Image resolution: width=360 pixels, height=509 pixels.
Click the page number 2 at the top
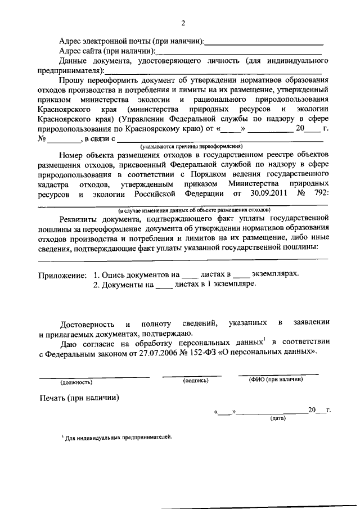point(183,23)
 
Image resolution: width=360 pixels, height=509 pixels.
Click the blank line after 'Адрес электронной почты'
point(264,42)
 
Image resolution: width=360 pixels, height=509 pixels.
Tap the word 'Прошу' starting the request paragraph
point(71,80)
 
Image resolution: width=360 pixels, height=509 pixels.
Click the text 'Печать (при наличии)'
point(79,399)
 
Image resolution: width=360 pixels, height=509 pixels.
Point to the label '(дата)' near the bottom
point(278,418)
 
